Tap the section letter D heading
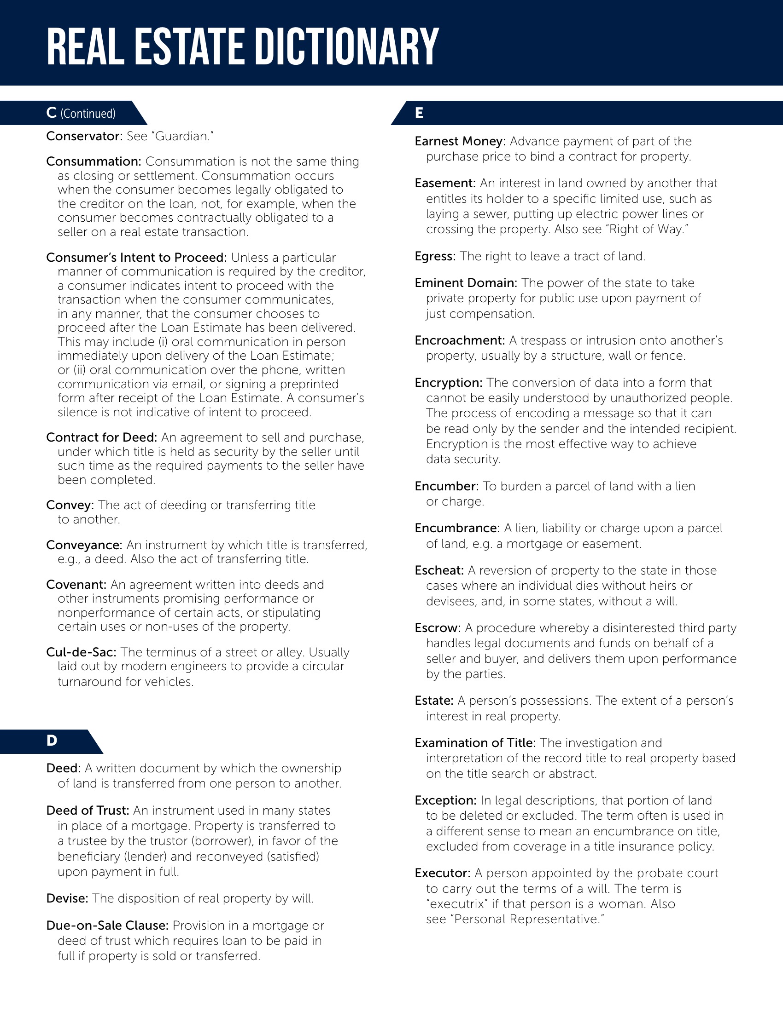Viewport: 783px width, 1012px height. click(x=52, y=741)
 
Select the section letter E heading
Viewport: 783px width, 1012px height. click(x=419, y=113)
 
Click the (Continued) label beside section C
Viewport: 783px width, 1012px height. click(x=88, y=114)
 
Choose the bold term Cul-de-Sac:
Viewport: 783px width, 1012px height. click(x=81, y=652)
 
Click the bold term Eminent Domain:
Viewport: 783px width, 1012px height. click(x=466, y=282)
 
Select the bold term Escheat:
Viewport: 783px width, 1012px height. click(x=439, y=570)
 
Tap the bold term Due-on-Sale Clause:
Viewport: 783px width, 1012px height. click(x=107, y=926)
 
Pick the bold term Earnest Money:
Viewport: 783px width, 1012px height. click(x=460, y=141)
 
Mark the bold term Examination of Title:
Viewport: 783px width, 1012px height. click(x=475, y=743)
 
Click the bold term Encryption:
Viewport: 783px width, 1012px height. click(x=449, y=383)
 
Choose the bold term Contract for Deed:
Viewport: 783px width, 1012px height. click(x=102, y=437)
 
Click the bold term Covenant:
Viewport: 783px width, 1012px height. click(x=76, y=585)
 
